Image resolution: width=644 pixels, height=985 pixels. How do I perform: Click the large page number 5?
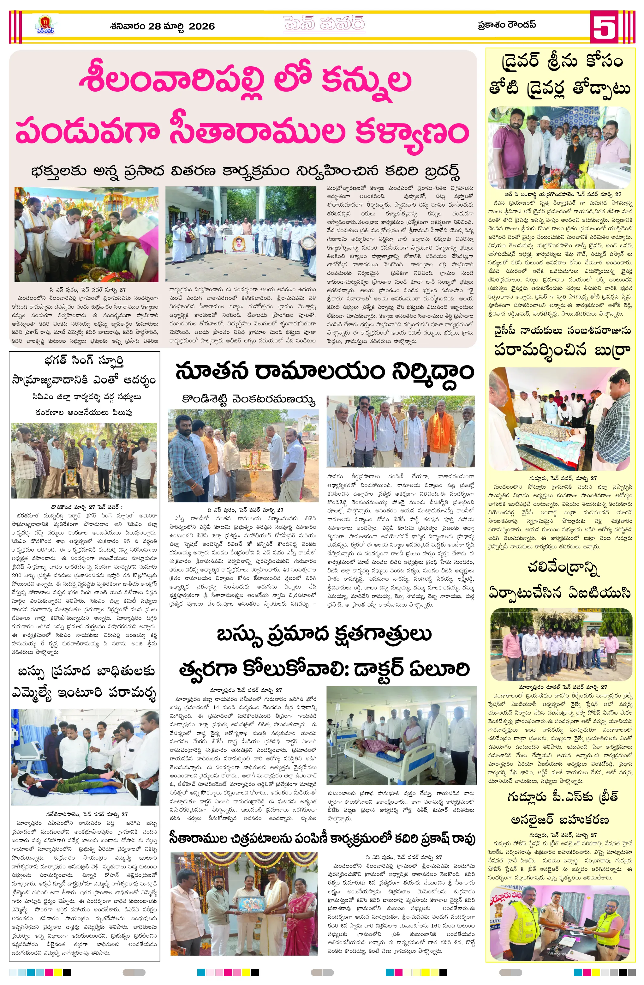point(604,27)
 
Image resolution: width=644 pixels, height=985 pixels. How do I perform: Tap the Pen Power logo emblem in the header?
point(45,25)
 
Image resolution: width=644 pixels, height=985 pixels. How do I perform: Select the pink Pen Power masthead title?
point(324,24)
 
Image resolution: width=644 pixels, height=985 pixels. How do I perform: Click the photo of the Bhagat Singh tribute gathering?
point(84,460)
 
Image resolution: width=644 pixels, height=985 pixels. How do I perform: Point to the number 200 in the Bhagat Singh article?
point(17,575)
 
